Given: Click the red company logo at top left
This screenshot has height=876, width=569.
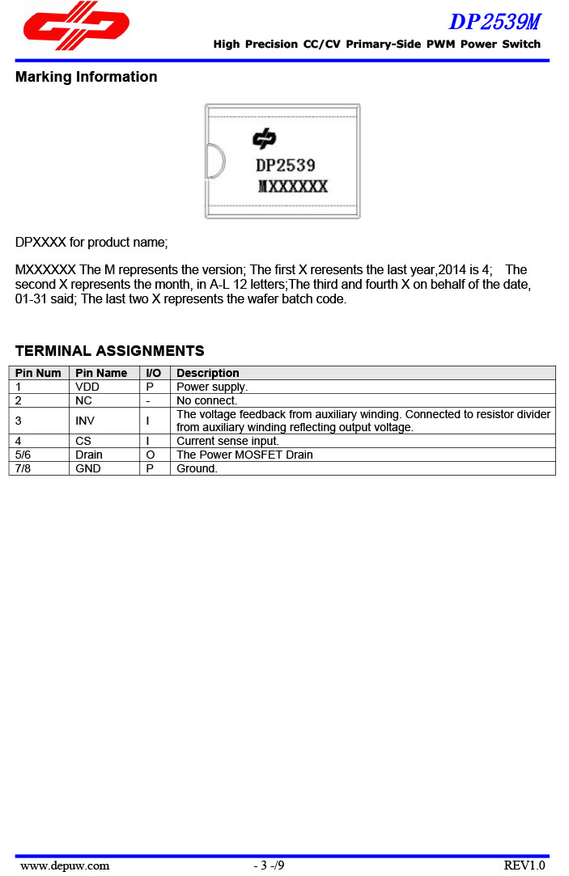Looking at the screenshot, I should (76, 26).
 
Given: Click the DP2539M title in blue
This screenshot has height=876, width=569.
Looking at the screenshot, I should (495, 21).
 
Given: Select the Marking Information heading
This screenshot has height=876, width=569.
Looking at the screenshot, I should (87, 77).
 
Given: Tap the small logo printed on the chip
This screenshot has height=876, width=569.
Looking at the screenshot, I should (265, 139).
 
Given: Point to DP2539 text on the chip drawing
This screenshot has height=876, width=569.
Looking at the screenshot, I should (285, 165).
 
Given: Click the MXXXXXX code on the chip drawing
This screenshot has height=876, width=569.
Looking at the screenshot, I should (293, 187).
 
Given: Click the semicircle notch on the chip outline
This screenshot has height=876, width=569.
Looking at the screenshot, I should (214, 160).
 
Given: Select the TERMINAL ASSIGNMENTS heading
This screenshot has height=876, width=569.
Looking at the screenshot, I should (109, 351).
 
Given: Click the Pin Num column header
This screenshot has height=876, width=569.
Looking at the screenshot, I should (38, 373).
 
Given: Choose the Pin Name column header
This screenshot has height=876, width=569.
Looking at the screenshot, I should (101, 373).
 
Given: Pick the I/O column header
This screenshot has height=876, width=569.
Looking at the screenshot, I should (154, 373).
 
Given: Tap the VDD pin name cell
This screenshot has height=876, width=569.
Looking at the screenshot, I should (87, 387).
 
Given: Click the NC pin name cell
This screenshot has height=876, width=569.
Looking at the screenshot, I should (83, 400).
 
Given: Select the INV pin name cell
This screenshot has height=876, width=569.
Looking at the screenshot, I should (85, 421).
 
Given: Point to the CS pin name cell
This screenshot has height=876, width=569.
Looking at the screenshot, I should (83, 441).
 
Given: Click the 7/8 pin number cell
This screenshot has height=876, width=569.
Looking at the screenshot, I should (24, 468).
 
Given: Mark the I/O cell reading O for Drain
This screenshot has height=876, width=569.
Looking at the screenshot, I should (151, 455).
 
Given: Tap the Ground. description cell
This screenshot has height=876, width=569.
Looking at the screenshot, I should (197, 468).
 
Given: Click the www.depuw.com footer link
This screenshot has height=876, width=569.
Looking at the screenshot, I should (65, 865).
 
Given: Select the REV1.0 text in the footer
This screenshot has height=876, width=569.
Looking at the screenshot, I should (524, 865).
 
